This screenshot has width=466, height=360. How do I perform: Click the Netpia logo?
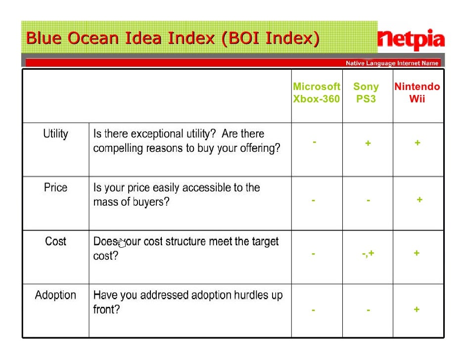click(411, 40)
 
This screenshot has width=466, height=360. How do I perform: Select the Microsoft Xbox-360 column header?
click(317, 93)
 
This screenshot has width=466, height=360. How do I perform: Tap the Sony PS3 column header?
click(366, 93)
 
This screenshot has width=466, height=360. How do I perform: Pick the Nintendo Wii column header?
click(417, 93)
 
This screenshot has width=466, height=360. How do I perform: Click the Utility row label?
click(55, 134)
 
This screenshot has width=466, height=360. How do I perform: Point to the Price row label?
click(55, 188)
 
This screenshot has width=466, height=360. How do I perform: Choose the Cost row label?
click(55, 242)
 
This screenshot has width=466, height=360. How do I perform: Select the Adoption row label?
click(55, 296)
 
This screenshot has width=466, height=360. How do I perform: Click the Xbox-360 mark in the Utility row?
click(314, 142)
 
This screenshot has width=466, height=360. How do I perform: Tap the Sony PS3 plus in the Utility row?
click(368, 143)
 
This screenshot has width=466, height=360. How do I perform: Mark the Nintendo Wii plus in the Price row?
click(419, 200)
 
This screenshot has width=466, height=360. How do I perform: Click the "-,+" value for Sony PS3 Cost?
click(368, 254)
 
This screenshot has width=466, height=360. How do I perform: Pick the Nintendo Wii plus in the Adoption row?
click(417, 310)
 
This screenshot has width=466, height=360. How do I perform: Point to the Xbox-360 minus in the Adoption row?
click(313, 311)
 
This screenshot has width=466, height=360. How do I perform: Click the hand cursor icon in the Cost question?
click(121, 243)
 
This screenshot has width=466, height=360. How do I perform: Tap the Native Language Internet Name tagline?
click(392, 63)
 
